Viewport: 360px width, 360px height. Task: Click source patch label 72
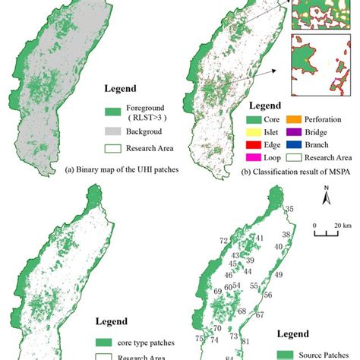(x=224, y=241)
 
